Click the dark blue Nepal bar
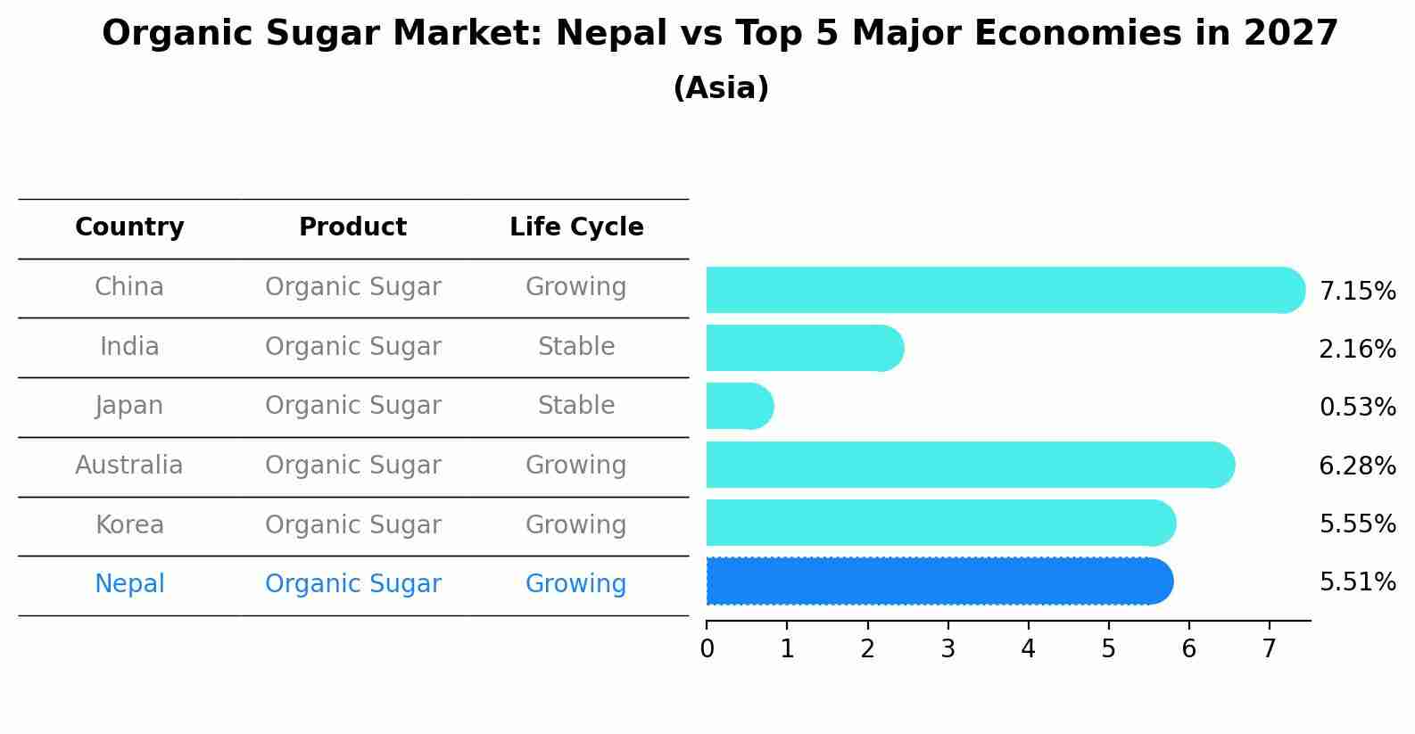pos(937,581)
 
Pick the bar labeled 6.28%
pos(968,465)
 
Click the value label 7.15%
pos(1356,292)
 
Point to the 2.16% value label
pos(1356,350)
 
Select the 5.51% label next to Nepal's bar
pos(1356,582)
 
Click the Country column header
pos(129,227)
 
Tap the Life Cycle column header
pos(576,227)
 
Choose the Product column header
pos(352,227)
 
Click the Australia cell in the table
pos(129,466)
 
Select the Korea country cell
pos(129,525)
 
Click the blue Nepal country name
pos(129,584)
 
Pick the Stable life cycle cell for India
pos(576,347)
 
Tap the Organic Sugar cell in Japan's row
pos(352,406)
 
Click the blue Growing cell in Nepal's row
pos(576,584)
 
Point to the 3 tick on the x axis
pos(947,649)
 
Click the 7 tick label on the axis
pos(1269,649)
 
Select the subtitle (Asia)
pos(721,88)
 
